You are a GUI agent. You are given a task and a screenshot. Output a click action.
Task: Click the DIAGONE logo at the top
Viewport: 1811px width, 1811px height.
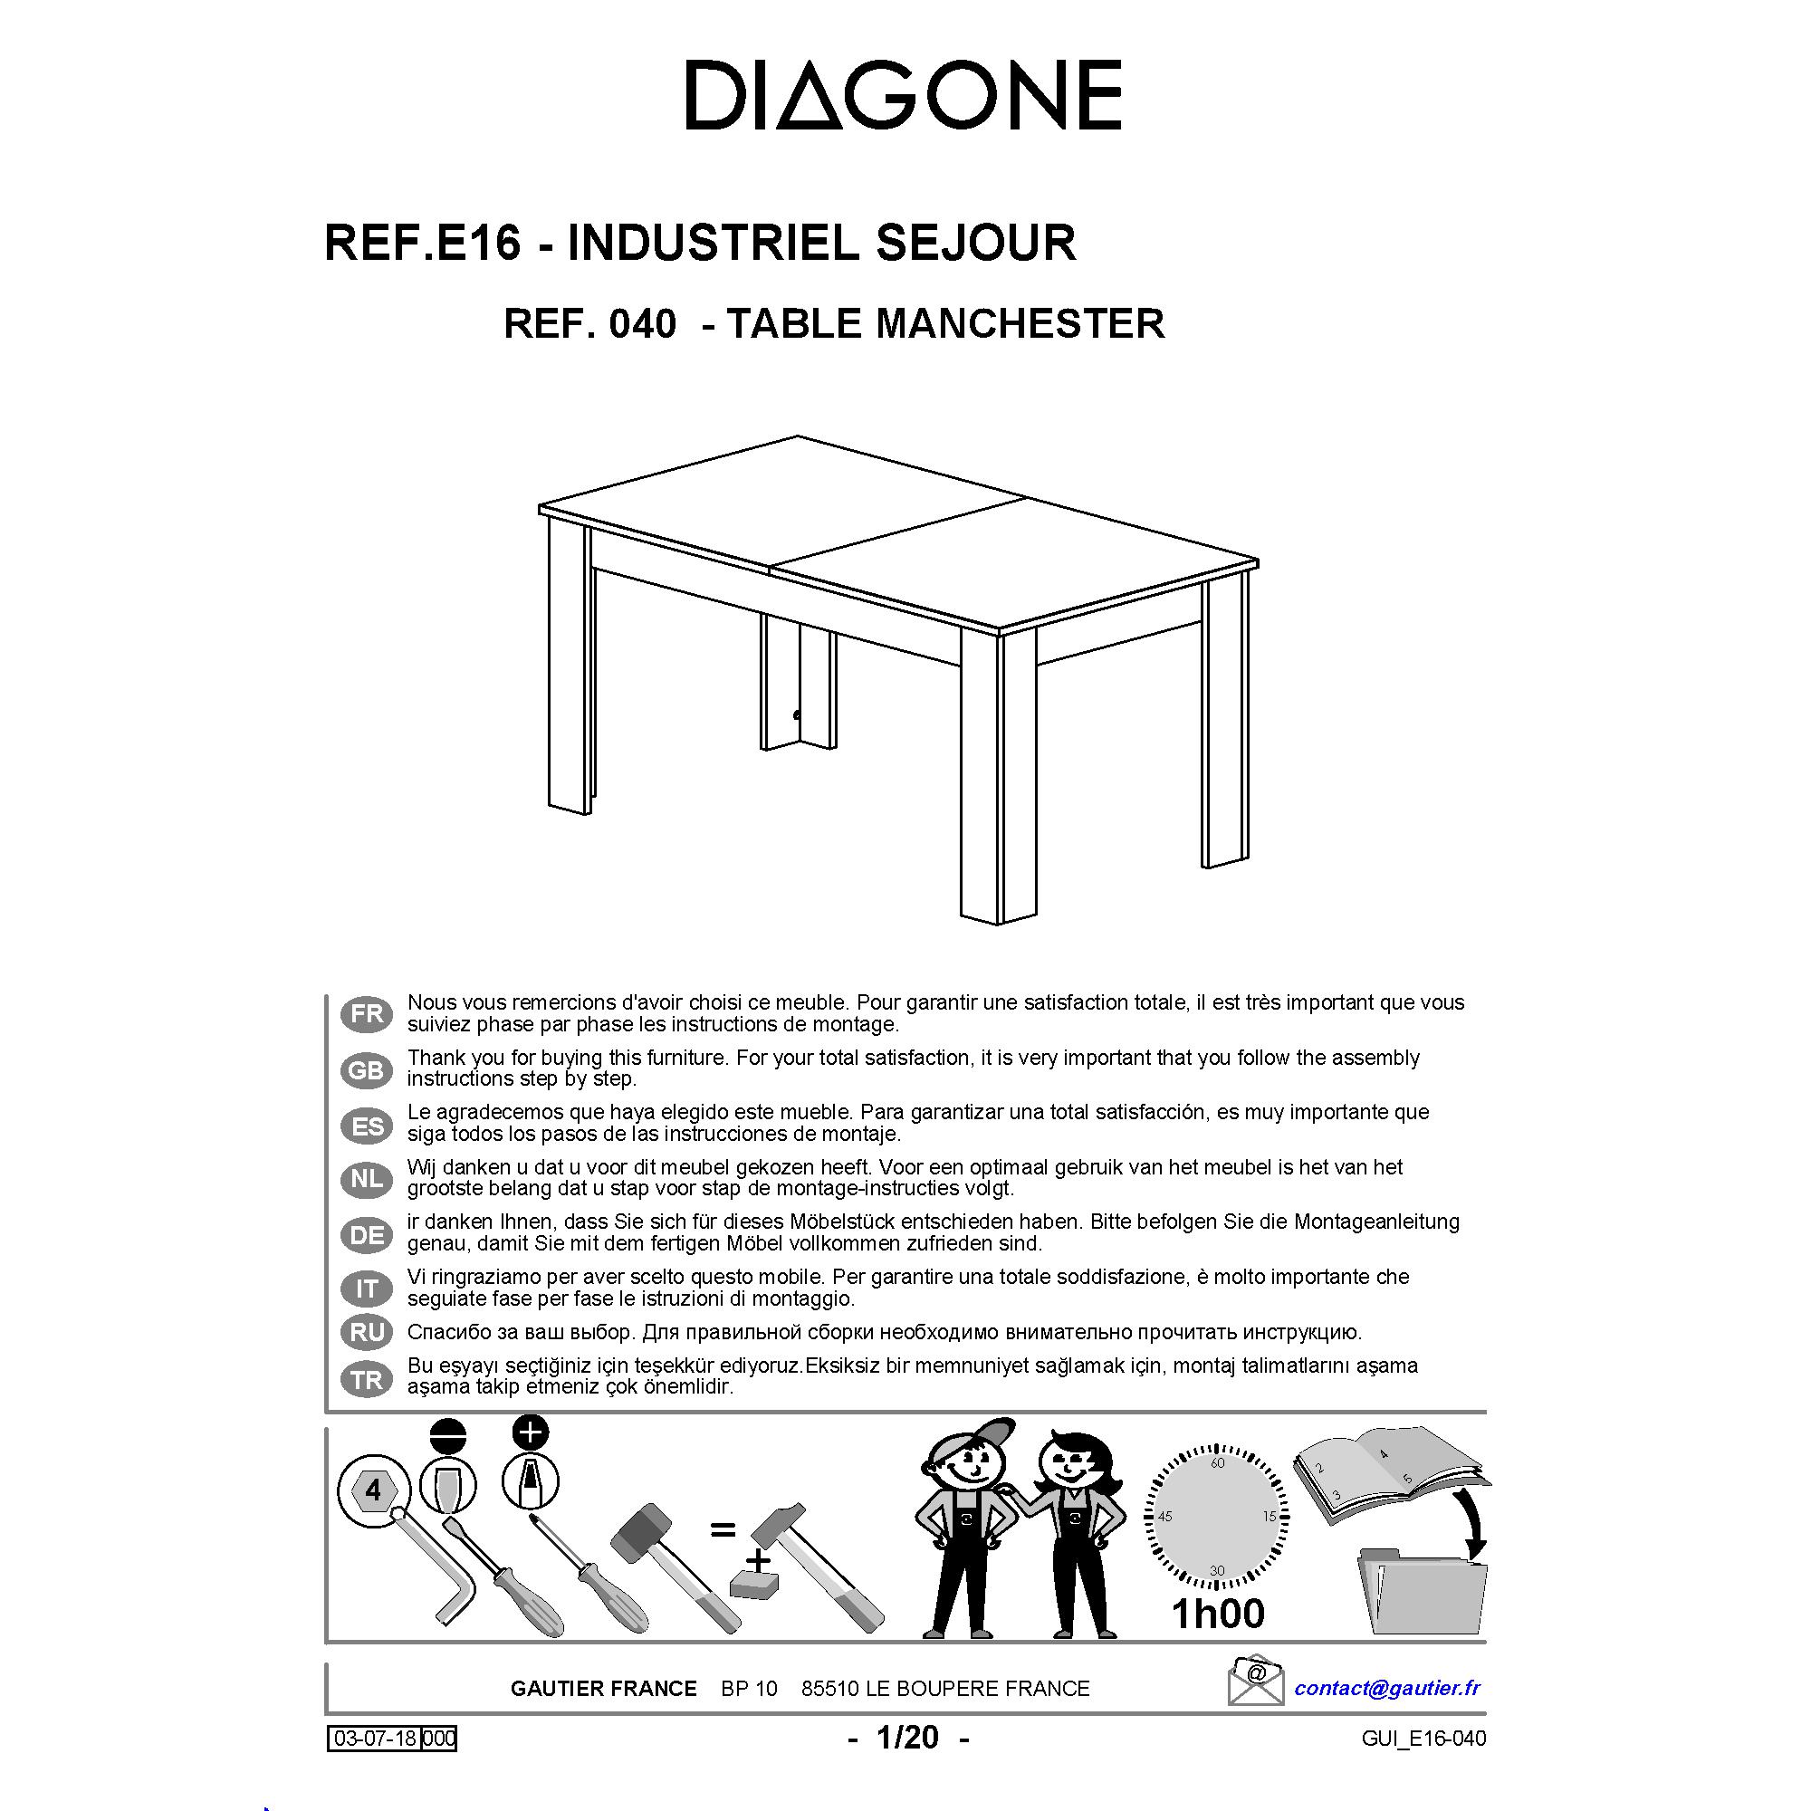tap(904, 95)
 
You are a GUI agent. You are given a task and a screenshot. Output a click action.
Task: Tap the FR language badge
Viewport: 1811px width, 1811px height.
tap(367, 1014)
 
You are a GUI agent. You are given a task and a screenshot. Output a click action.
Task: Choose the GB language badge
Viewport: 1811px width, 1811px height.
tap(367, 1069)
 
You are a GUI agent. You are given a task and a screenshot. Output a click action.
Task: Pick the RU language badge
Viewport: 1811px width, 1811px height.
tap(367, 1331)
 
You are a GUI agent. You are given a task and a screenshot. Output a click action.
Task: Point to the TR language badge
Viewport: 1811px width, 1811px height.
tap(367, 1380)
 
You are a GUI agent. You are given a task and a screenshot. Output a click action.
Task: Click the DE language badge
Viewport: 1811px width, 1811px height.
tap(367, 1234)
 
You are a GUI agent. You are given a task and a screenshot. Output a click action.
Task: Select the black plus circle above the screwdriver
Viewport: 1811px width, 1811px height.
tap(532, 1433)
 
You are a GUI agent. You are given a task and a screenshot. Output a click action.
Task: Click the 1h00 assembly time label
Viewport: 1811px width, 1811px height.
tap(1217, 1613)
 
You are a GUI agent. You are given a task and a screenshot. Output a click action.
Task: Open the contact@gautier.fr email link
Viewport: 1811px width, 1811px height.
tap(1387, 1688)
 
